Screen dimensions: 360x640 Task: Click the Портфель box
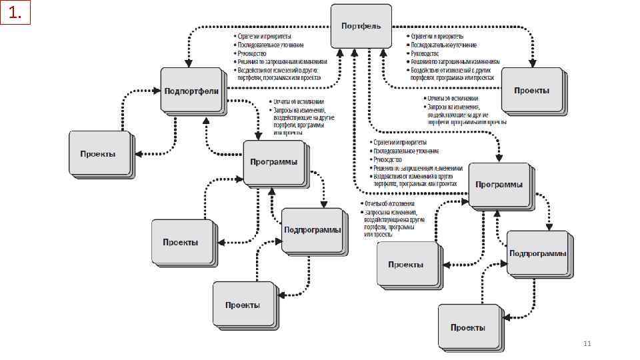[361, 25]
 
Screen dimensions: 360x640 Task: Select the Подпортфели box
[191, 90]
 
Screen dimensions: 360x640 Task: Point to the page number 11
[587, 343]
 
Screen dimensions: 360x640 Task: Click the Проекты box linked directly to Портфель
[532, 91]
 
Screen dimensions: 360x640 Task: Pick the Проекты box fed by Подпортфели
[98, 153]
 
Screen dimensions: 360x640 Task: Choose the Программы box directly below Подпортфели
[273, 162]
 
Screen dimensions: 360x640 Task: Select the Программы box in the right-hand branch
[499, 185]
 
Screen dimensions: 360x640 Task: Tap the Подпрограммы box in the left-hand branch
[312, 230]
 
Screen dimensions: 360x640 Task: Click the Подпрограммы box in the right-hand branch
[537, 253]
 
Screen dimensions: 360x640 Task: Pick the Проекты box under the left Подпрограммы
[242, 305]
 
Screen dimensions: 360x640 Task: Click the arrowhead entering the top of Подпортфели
[189, 64]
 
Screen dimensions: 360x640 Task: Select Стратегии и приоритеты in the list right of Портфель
[437, 36]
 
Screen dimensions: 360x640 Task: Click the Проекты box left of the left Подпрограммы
[181, 242]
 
